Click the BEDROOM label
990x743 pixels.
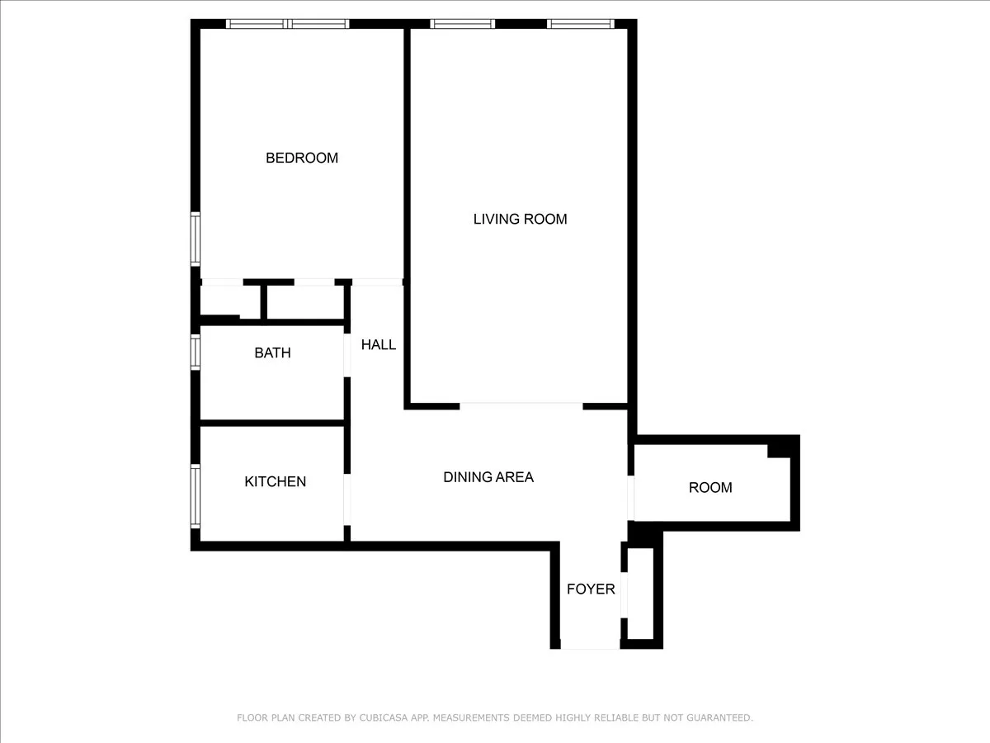(x=301, y=158)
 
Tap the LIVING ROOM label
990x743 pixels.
(x=520, y=219)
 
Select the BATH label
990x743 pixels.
(x=272, y=353)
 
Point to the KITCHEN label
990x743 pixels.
(x=275, y=481)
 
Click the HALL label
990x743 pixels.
(x=379, y=344)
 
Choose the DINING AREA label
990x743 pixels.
(x=488, y=476)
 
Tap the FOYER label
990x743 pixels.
(x=591, y=589)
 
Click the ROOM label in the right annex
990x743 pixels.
(x=710, y=487)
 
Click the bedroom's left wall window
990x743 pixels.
(x=196, y=239)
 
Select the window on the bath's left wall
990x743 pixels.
(x=196, y=351)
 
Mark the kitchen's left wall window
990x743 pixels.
(x=196, y=495)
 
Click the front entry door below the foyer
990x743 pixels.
(x=589, y=649)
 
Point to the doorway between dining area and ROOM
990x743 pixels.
(x=631, y=498)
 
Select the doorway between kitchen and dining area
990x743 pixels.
(x=347, y=499)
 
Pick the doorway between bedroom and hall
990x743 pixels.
(x=377, y=282)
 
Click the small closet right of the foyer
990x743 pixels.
(x=640, y=594)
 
